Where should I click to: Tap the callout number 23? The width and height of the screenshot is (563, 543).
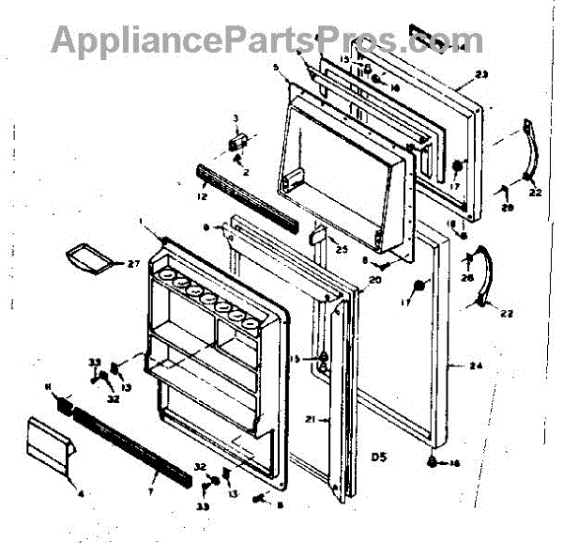(x=483, y=75)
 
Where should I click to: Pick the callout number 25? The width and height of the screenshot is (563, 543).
(x=340, y=249)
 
